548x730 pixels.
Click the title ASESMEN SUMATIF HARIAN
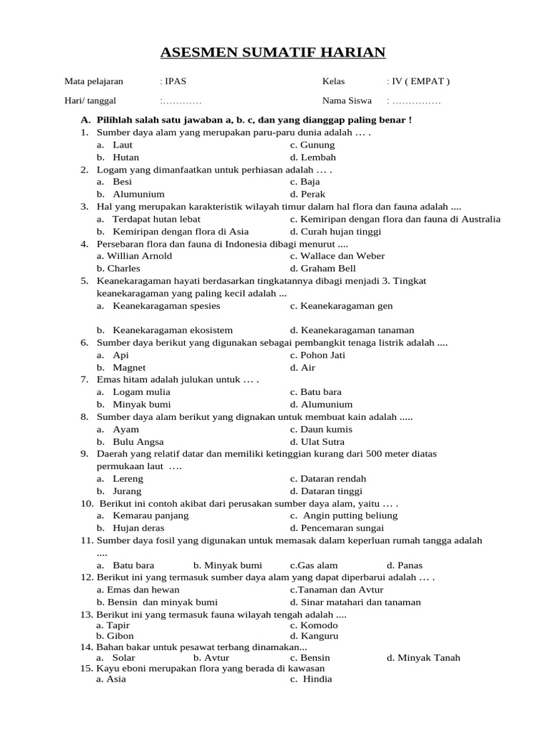point(273,52)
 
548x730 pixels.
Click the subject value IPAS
point(176,81)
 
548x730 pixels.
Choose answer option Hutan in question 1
point(126,157)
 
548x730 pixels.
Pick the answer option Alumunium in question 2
point(138,194)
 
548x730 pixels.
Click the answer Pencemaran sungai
point(337,528)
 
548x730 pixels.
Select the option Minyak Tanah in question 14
point(423,658)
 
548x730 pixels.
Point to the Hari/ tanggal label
point(90,101)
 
